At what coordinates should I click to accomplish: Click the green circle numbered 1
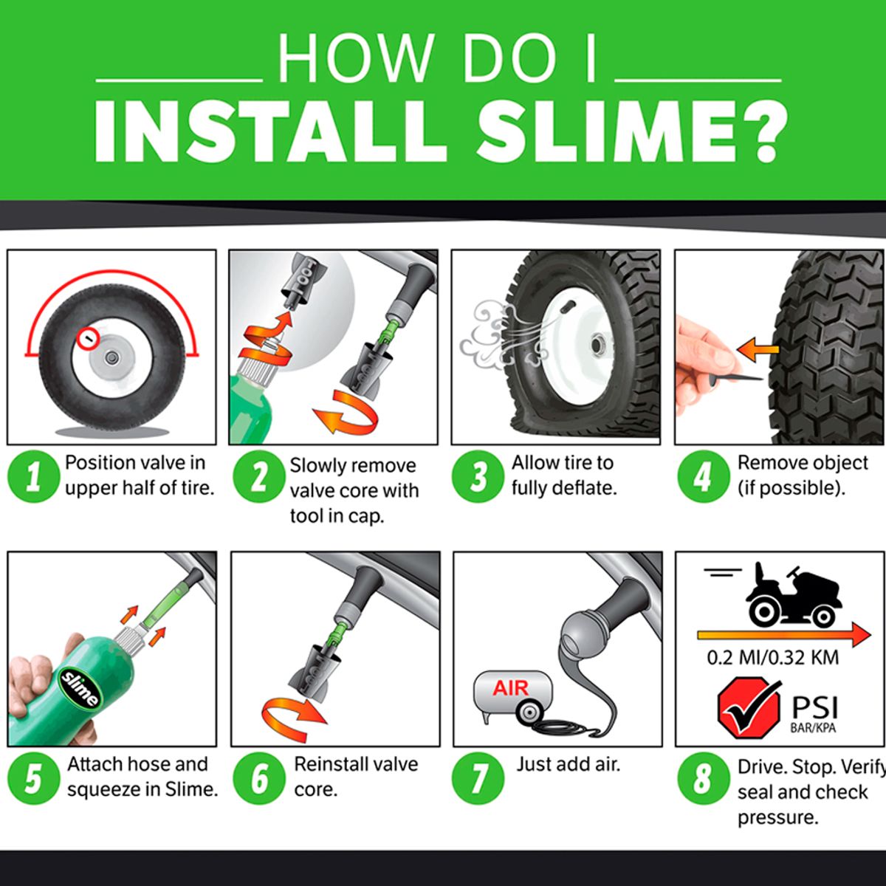(x=33, y=477)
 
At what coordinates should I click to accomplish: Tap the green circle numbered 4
(x=703, y=477)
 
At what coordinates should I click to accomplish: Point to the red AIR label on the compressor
(x=511, y=688)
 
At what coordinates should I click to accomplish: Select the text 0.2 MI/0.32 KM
(x=772, y=657)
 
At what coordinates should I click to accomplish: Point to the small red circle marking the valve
(x=88, y=339)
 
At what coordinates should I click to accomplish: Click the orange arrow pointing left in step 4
(x=756, y=350)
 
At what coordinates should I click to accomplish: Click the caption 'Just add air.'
(x=568, y=764)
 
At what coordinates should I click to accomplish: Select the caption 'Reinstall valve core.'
(x=355, y=776)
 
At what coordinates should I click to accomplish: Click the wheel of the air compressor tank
(x=529, y=713)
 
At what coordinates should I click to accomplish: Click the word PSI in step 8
(x=814, y=707)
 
